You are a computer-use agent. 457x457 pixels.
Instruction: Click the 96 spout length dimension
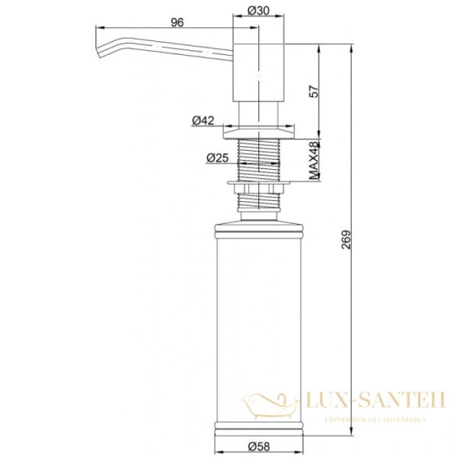[177, 22]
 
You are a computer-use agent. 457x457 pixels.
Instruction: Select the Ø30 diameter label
[257, 11]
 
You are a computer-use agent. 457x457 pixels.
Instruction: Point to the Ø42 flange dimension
[202, 120]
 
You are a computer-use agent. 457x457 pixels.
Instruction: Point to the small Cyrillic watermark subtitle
[365, 420]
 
